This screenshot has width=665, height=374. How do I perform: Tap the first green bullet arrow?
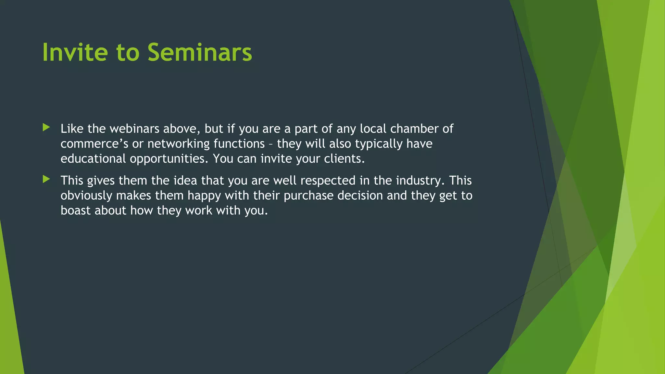pyautogui.click(x=46, y=127)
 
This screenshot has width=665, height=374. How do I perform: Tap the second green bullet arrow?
pyautogui.click(x=46, y=179)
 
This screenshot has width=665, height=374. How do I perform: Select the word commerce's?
pyautogui.click(x=94, y=144)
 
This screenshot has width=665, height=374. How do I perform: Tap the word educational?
pyautogui.click(x=93, y=159)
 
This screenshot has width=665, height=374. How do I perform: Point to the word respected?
pyautogui.click(x=328, y=181)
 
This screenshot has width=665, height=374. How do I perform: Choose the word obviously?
pyautogui.click(x=86, y=196)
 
